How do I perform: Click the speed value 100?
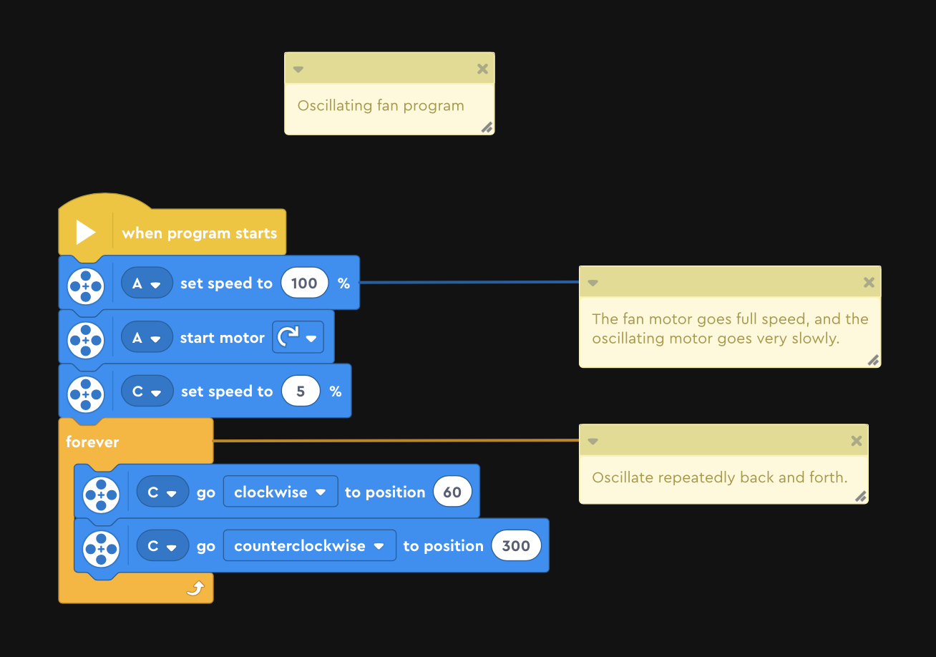point(304,283)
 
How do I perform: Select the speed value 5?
point(301,391)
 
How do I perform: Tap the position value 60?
point(452,492)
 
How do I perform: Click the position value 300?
point(516,545)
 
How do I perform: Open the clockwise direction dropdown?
point(281,492)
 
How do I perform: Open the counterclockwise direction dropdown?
point(310,545)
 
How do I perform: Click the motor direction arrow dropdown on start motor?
point(298,337)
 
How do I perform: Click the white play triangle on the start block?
point(86,233)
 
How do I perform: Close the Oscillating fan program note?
point(482,69)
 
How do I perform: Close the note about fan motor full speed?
point(869,283)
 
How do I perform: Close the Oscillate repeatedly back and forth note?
point(857,441)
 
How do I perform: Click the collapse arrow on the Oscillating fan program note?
point(298,69)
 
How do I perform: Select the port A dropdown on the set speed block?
point(147,283)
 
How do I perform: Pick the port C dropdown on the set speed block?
point(147,391)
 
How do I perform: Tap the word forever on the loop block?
point(92,442)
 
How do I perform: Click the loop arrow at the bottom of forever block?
point(195,588)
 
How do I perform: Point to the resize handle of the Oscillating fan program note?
point(487,127)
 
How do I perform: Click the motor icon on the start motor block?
point(86,340)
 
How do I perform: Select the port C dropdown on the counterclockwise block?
point(162,545)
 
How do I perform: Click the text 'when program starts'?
point(200,233)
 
